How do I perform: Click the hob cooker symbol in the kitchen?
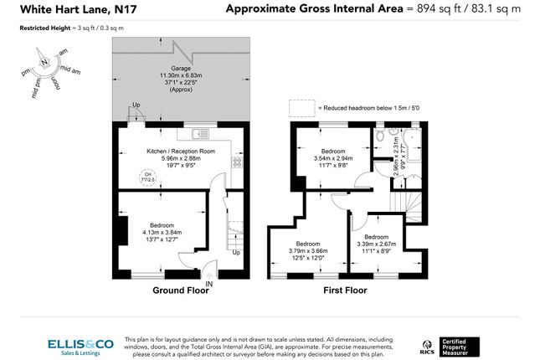[237, 162]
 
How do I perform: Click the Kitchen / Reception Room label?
[181, 151]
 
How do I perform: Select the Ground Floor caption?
[180, 291]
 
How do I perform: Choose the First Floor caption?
[345, 291]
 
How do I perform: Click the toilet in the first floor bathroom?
[381, 134]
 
